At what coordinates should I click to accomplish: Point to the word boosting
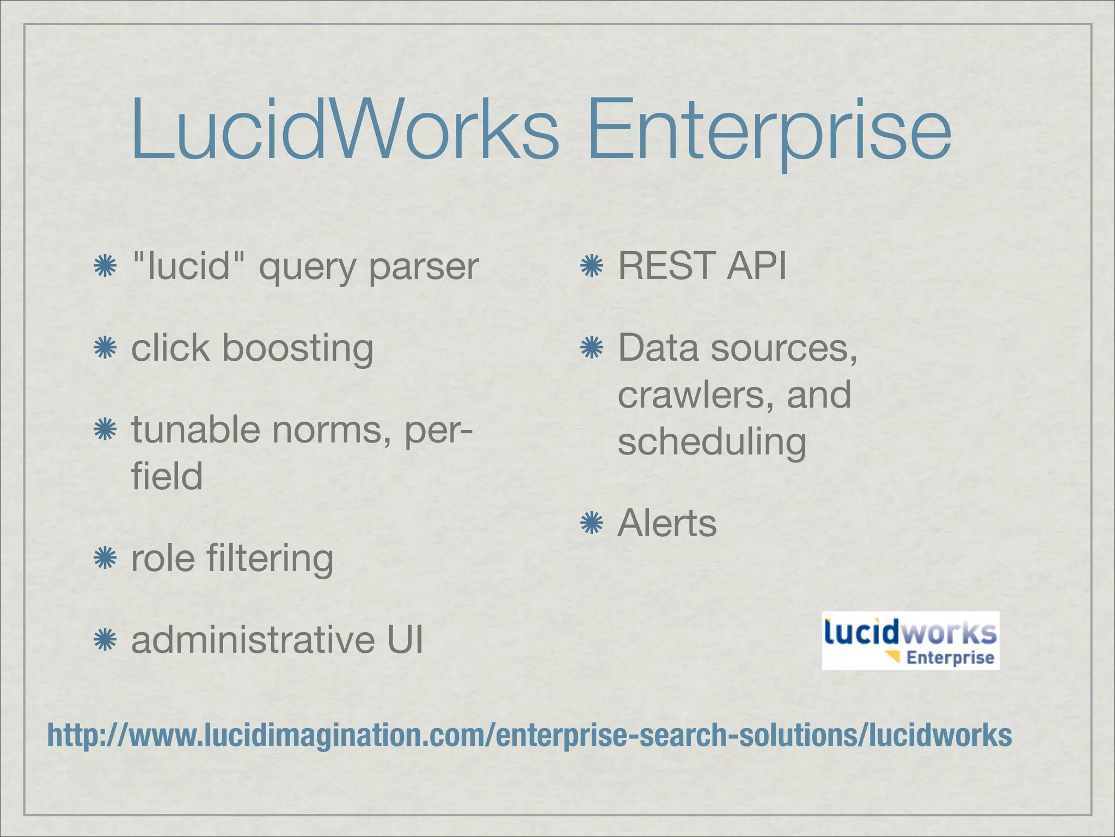(x=298, y=349)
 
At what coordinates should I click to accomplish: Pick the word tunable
(x=196, y=430)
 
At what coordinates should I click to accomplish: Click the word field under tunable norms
(x=167, y=476)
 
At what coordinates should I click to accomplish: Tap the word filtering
(x=270, y=559)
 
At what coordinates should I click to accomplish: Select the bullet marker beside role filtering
(x=105, y=559)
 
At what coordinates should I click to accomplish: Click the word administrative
(x=253, y=640)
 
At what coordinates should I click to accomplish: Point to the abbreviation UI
(x=405, y=640)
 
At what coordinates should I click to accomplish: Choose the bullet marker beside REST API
(x=592, y=266)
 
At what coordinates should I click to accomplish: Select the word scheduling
(x=712, y=442)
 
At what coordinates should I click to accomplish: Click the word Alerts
(x=667, y=524)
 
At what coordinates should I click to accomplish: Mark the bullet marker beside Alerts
(x=592, y=524)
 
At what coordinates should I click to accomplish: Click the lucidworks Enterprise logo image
(x=910, y=640)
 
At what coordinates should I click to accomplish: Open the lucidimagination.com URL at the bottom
(x=529, y=735)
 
